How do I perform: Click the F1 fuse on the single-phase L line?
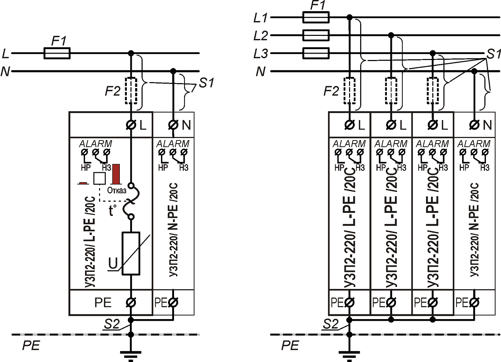click(57, 53)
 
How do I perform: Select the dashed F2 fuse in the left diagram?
click(131, 90)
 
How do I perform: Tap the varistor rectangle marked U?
click(131, 253)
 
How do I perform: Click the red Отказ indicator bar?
click(116, 174)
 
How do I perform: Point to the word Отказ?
click(116, 190)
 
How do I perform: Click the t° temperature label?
click(112, 210)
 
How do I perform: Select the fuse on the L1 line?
click(316, 17)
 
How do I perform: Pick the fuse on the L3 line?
click(316, 53)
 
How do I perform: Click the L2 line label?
click(260, 36)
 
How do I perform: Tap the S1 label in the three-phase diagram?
click(493, 54)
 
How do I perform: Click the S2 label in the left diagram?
click(111, 324)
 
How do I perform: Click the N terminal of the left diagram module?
click(173, 125)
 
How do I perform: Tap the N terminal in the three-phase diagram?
click(474, 125)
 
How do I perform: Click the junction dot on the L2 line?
click(391, 35)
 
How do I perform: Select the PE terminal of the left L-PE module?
click(131, 303)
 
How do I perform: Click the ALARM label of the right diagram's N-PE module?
click(474, 143)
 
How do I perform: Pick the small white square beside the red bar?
click(99, 178)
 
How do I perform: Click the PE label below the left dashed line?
click(31, 345)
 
